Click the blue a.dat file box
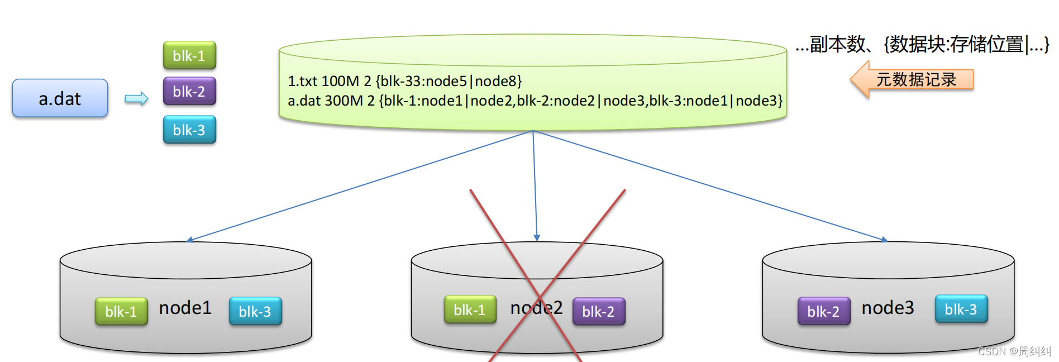60,98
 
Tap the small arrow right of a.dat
136,99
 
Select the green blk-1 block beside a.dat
189,56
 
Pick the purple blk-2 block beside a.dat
189,92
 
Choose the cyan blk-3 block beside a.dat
189,130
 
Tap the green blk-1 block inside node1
121,311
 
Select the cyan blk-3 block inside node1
255,311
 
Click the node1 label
185,308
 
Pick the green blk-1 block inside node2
470,309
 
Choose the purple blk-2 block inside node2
598,311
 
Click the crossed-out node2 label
536,308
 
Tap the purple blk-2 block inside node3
823,311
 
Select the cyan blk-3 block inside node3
961,309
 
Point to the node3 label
888,308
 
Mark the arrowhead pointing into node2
537,238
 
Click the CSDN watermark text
1014,351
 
